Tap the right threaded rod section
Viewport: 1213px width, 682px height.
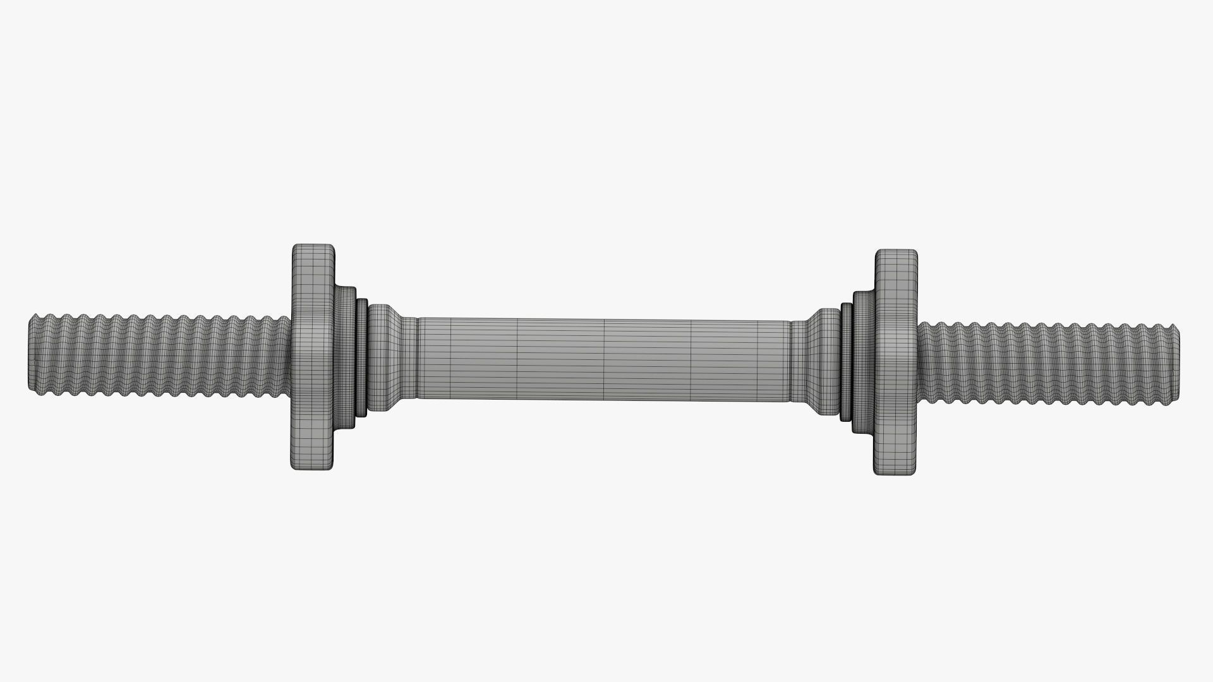[x=1049, y=362]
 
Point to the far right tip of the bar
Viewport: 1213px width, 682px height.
[x=1179, y=362]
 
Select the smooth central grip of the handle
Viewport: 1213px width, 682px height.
[x=603, y=360]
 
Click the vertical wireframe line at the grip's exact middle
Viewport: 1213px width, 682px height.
[x=605, y=360]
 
